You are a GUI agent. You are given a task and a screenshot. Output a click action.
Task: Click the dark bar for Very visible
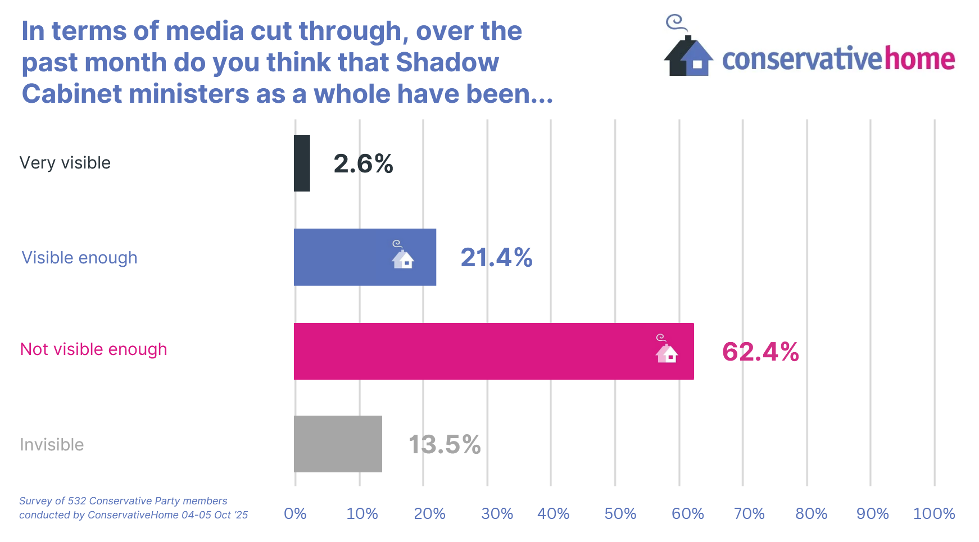(x=302, y=163)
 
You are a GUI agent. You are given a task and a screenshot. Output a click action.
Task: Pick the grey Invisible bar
(x=338, y=444)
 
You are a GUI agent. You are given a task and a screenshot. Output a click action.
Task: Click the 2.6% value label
(x=363, y=164)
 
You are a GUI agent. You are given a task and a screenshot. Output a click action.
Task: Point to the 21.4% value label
(x=496, y=258)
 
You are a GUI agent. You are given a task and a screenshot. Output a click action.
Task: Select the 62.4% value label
(x=760, y=352)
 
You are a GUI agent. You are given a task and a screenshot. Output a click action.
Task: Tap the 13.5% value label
(x=445, y=445)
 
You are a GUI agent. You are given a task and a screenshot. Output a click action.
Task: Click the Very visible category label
(x=65, y=163)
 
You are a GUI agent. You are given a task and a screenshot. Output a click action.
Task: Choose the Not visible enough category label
(x=94, y=349)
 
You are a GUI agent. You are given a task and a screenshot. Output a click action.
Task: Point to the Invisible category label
(x=52, y=445)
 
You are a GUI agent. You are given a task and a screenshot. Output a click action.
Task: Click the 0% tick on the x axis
(x=295, y=513)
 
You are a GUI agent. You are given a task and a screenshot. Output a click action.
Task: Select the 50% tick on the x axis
(x=620, y=513)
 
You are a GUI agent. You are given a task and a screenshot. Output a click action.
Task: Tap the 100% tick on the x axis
(x=934, y=513)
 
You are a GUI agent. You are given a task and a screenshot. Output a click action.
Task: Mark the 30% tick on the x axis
(x=497, y=513)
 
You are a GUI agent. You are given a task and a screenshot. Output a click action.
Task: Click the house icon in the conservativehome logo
(x=688, y=53)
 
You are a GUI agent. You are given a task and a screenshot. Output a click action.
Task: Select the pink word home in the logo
(x=920, y=58)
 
